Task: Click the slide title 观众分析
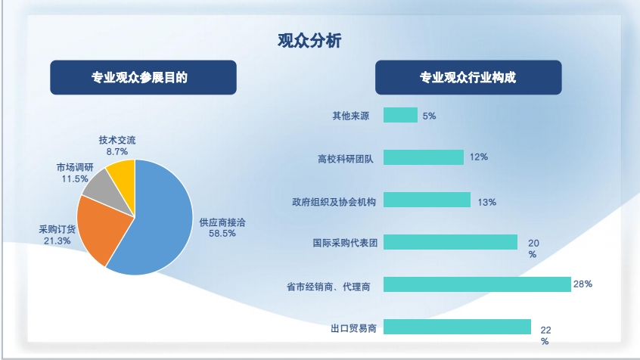[309, 40]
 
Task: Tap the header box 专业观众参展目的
[143, 78]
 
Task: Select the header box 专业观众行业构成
[468, 78]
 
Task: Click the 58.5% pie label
[222, 234]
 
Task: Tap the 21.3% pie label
[57, 241]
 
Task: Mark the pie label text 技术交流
[117, 141]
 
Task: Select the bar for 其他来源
[400, 115]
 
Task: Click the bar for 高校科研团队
[424, 157]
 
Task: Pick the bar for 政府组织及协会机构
[427, 200]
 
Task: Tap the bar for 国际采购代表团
[450, 242]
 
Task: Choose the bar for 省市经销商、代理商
[477, 284]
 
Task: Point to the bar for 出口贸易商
[457, 327]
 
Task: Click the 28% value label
[583, 284]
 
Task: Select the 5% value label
[430, 116]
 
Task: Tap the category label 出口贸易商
[353, 328]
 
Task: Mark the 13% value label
[487, 202]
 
